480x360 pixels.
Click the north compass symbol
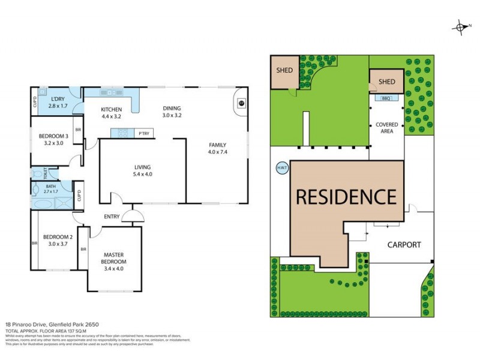coord(461,27)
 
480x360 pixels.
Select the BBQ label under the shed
coord(386,97)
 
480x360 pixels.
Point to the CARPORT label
coord(403,245)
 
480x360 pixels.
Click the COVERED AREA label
coord(387,128)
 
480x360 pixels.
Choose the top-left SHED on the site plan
coord(284,70)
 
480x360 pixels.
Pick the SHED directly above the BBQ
coord(386,82)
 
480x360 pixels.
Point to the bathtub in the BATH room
coord(43,203)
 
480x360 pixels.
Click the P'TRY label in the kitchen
coord(144,133)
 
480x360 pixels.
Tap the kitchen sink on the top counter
coord(111,92)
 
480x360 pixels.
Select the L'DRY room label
coord(58,98)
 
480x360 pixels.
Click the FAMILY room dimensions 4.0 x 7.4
coord(218,152)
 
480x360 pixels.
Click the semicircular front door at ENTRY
coord(133,217)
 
